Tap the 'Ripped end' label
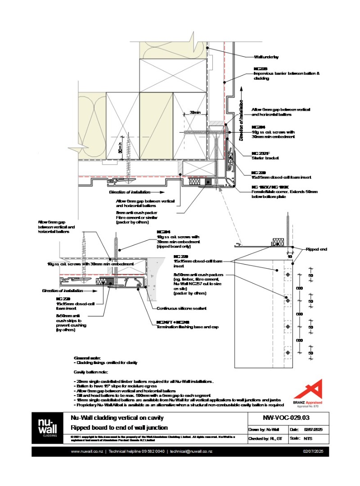(315, 249)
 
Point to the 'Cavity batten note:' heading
(90, 373)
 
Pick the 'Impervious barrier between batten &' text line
(286, 73)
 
